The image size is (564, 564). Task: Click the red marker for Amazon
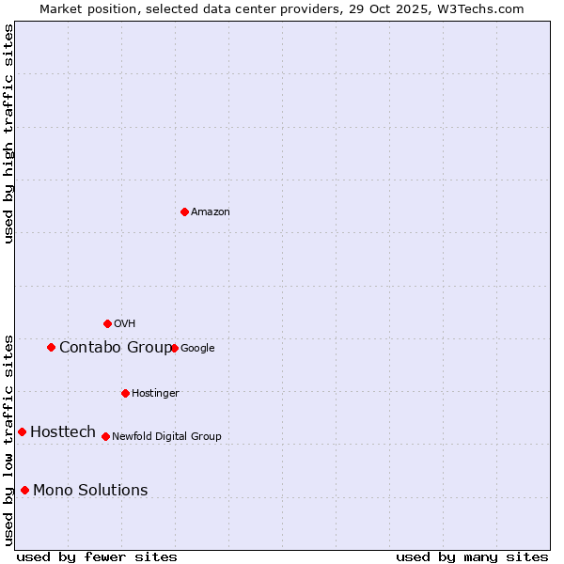point(184,211)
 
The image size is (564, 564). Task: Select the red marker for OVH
point(107,323)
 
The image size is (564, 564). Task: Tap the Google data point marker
point(174,348)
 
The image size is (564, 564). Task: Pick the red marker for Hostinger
point(125,393)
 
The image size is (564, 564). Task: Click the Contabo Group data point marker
point(51,347)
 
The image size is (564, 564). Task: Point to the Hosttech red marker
point(22,431)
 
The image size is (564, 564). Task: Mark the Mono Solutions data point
point(24,490)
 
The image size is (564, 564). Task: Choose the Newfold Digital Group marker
point(105,436)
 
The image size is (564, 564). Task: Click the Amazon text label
point(211,212)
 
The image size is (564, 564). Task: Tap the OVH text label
point(125,324)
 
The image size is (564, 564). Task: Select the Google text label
point(197,349)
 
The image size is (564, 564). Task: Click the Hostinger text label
point(155,394)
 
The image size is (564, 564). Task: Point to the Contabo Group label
point(116,348)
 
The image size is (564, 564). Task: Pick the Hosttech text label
point(63,432)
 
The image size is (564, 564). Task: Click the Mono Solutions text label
point(90,491)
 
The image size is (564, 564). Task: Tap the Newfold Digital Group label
point(166,437)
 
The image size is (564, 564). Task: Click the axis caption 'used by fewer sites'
point(97,556)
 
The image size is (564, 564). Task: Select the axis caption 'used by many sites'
point(472,556)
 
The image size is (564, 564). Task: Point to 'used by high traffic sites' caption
point(9,133)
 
